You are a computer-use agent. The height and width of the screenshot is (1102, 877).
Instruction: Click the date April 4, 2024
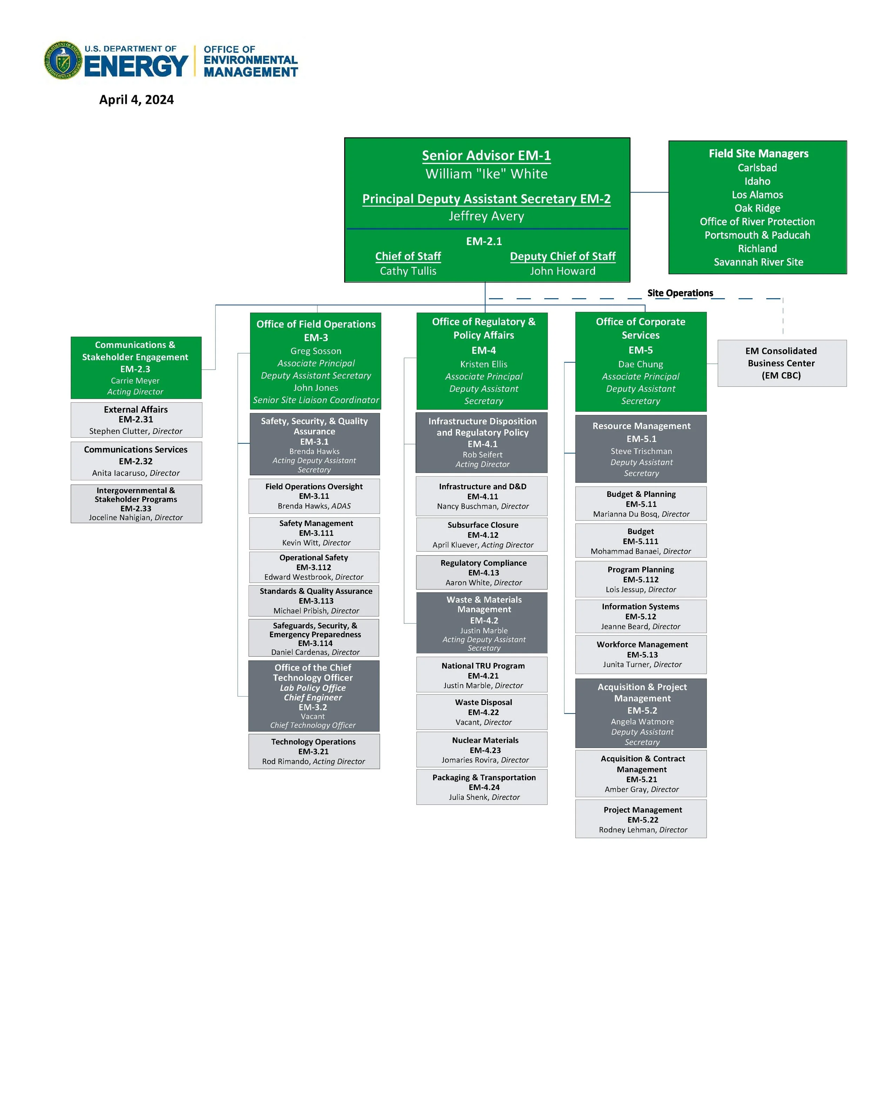(x=136, y=100)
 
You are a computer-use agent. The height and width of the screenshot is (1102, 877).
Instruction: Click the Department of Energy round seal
(x=63, y=61)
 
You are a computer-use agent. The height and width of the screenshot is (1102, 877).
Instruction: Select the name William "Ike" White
(x=486, y=174)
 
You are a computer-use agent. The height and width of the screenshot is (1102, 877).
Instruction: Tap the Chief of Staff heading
(x=408, y=256)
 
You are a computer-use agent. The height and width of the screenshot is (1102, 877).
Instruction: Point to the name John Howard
(x=562, y=271)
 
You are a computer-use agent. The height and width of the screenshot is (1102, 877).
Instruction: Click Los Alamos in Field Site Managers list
(x=757, y=195)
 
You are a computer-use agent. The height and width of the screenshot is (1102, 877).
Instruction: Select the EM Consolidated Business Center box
(x=781, y=363)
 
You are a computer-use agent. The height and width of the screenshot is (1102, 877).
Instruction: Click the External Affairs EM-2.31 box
(x=136, y=419)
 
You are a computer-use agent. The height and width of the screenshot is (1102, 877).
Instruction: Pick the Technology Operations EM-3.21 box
(x=314, y=751)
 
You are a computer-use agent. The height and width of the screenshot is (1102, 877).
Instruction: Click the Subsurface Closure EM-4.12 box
(x=482, y=535)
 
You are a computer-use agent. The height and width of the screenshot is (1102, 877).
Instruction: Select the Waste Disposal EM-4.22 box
(x=482, y=712)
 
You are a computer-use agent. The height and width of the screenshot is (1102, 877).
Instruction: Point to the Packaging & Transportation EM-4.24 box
(x=482, y=787)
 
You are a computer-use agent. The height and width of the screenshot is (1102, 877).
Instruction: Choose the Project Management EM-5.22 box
(x=641, y=819)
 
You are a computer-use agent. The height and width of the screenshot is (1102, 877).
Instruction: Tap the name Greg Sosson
(x=315, y=351)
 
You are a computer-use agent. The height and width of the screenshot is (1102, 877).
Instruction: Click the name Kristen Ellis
(x=483, y=364)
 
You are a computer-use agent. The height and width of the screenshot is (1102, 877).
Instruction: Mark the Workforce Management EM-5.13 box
(x=641, y=654)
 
